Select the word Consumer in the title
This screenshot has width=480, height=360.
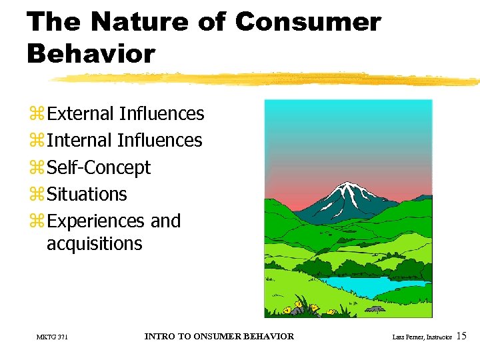tap(308, 22)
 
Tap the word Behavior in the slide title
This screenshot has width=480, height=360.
tap(91, 53)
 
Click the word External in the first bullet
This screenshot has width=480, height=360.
tap(81, 114)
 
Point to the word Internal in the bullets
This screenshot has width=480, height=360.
tap(79, 141)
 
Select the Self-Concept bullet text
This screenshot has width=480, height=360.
tap(99, 168)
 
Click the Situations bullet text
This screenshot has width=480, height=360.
tap(87, 195)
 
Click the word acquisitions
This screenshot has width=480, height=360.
tap(94, 244)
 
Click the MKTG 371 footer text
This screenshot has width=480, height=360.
tap(52, 337)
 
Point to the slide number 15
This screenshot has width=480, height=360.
tap(462, 337)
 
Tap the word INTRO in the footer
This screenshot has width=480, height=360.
tap(159, 337)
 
